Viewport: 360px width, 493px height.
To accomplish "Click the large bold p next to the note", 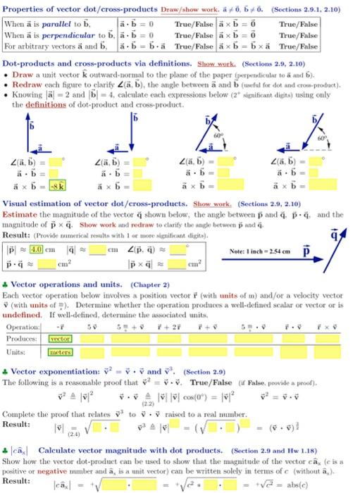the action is [306, 251].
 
